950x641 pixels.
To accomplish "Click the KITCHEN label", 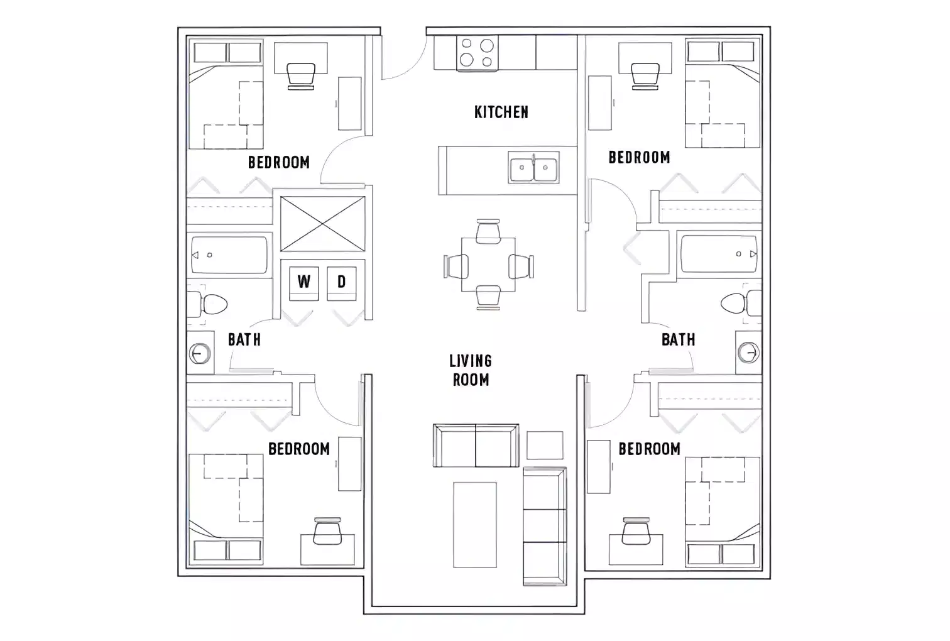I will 501,112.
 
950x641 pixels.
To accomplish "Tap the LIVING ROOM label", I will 470,370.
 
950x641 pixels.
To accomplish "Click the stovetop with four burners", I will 476,53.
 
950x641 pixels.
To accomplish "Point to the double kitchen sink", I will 533,168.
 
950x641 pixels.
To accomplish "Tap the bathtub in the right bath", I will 719,254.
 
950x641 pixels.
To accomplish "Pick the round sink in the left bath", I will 200,354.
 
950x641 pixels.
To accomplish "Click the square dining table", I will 488,265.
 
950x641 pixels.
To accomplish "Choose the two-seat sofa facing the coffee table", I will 476,445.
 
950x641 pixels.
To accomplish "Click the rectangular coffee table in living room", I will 474,524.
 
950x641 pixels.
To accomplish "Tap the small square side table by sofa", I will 544,445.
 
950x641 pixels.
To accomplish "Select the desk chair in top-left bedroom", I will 300,75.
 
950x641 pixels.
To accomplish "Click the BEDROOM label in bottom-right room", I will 649,449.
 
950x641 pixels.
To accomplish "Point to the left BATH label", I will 244,339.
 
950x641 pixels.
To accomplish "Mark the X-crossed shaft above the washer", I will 322,223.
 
